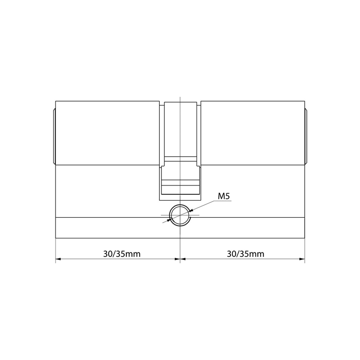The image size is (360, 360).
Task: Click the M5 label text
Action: [x=224, y=196]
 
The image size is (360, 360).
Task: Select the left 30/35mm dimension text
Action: [x=122, y=254]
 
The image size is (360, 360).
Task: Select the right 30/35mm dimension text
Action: [x=246, y=254]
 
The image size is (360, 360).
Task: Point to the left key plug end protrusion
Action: [x=54, y=137]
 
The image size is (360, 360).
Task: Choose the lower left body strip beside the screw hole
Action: [x=112, y=228]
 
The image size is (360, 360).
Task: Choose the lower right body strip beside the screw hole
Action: [x=247, y=228]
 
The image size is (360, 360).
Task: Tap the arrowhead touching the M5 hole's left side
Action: [x=170, y=219]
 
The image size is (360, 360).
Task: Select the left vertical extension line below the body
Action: [x=56, y=250]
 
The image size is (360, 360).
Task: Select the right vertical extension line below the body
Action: [x=305, y=250]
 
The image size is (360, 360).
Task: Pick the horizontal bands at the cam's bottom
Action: [x=180, y=187]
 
